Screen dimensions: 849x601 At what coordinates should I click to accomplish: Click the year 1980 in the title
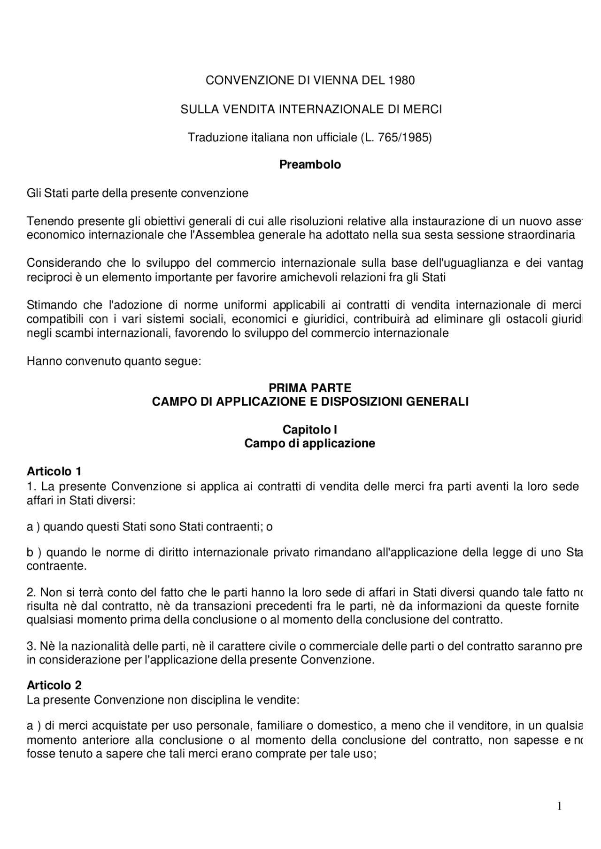pyautogui.click(x=401, y=80)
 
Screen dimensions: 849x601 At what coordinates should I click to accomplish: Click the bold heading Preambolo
pyautogui.click(x=310, y=165)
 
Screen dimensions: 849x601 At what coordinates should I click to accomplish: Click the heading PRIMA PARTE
pyautogui.click(x=310, y=388)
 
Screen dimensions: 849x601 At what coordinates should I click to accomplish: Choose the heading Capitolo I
pyautogui.click(x=310, y=430)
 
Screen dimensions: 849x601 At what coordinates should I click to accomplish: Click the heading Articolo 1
pyautogui.click(x=54, y=471)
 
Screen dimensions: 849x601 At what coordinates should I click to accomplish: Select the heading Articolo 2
pyautogui.click(x=54, y=685)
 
